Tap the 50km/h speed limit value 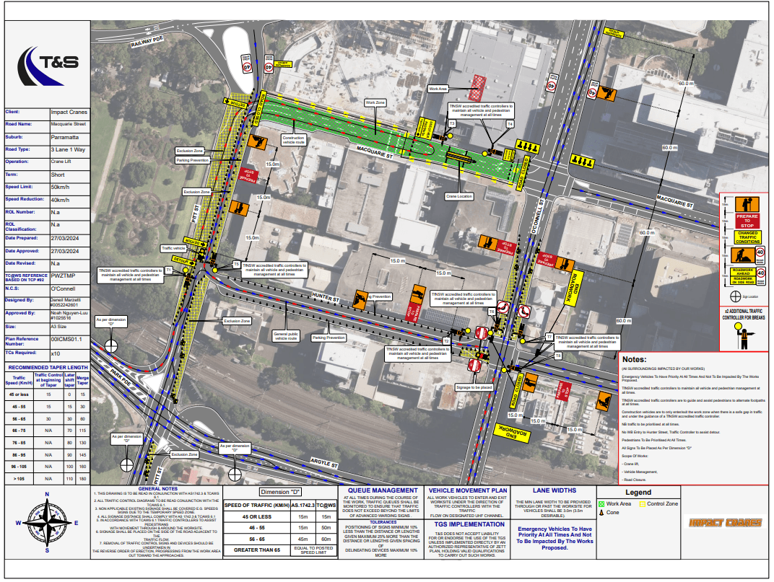[x=60, y=187]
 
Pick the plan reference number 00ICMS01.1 [x=66, y=338]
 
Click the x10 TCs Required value [x=55, y=353]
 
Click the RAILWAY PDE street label [x=148, y=43]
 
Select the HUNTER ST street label [x=326, y=299]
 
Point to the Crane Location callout [x=459, y=196]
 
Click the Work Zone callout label [x=375, y=103]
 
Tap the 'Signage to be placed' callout [x=474, y=387]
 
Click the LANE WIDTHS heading [x=556, y=490]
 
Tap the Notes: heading [x=634, y=359]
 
